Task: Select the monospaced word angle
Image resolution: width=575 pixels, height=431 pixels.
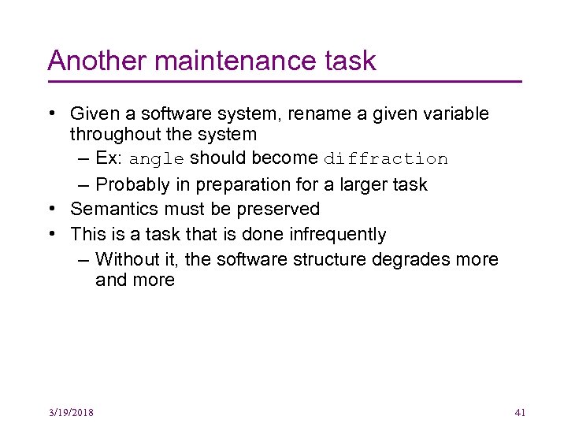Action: coord(157,159)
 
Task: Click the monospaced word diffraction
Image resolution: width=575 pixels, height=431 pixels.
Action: coord(386,159)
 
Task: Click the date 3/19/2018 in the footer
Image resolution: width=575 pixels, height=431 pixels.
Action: coord(71,412)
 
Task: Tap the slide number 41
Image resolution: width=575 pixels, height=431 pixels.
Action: coord(520,412)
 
